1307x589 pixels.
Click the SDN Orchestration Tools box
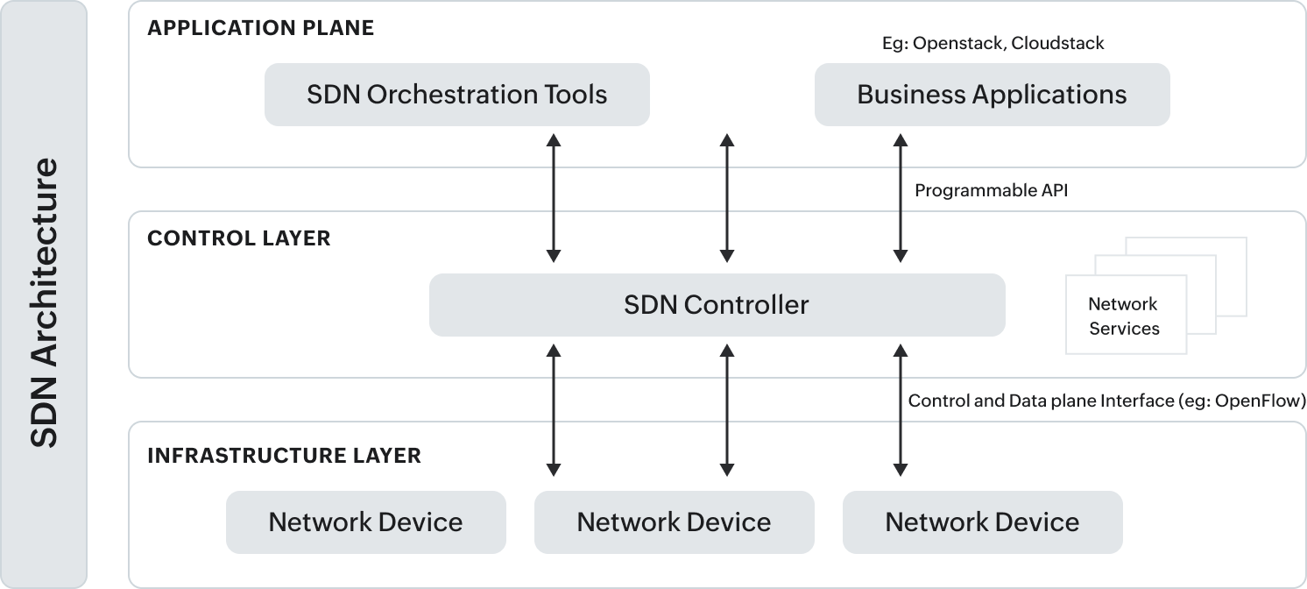[x=456, y=95]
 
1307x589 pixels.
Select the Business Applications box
[x=992, y=95]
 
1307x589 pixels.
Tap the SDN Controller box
[x=717, y=305]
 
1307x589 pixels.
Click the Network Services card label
[x=1124, y=316]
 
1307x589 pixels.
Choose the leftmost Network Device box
[x=365, y=522]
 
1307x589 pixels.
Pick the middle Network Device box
[x=674, y=522]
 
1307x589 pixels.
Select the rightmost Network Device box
[x=982, y=522]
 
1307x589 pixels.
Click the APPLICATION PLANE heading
[x=260, y=28]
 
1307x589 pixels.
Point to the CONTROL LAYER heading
[x=238, y=238]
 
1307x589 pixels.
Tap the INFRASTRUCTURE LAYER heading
[x=284, y=456]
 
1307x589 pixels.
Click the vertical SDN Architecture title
[x=44, y=302]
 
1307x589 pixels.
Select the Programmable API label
[x=991, y=190]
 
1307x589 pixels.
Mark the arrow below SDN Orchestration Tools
[x=554, y=198]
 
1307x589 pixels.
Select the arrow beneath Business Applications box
[x=900, y=198]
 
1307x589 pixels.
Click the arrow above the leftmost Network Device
[x=554, y=409]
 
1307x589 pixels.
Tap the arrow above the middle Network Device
[x=726, y=409]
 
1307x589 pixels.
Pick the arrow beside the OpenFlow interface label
[x=900, y=409]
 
